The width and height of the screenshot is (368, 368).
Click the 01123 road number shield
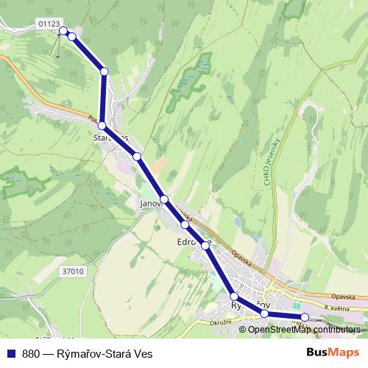49,24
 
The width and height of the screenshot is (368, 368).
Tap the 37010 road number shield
74,272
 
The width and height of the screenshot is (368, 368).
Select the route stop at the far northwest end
63,31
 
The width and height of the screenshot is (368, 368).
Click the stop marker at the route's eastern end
305,317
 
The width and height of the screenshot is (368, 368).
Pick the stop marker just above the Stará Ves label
102,127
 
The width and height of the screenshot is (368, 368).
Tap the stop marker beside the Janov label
165,199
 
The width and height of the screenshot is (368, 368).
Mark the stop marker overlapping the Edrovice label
205,246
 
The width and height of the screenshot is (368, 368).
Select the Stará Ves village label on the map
111,138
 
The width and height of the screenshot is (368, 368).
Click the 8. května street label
338,305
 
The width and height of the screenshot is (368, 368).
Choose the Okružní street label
219,322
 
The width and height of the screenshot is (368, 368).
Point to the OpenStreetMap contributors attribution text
304,329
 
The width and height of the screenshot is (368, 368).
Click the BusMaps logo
333,353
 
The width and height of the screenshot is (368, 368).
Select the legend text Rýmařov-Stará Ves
105,353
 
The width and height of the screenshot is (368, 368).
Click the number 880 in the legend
31,353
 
